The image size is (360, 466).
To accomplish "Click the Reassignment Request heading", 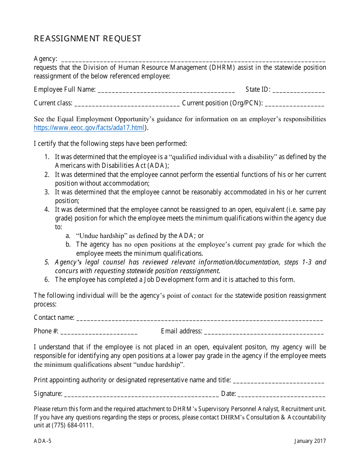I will click(x=88, y=39).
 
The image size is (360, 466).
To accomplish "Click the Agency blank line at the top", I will click(x=193, y=60).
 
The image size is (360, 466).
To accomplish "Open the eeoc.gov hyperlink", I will click(x=89, y=128).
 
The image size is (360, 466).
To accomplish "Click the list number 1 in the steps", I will click(x=47, y=157).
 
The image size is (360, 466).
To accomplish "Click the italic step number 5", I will click(x=47, y=262).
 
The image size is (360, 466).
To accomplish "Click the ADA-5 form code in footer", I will click(x=42, y=441).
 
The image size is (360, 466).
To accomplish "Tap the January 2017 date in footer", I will click(x=310, y=441).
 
